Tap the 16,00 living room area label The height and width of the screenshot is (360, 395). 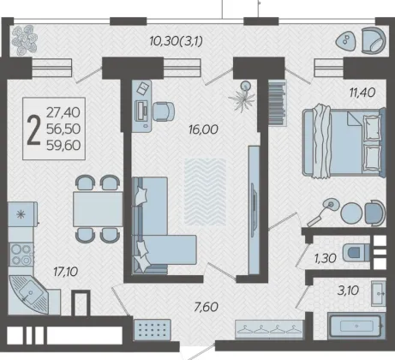pos(203,129)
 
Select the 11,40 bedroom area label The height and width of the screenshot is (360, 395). pos(362,93)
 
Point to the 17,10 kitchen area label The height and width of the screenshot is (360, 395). pos(66,272)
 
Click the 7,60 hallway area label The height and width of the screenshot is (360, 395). pos(206,307)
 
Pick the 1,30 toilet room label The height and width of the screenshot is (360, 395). pos(326,259)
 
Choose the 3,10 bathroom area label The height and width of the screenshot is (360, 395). pos(348,291)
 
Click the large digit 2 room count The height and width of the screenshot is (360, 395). pos(33,130)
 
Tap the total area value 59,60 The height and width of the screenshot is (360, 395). pos(63,146)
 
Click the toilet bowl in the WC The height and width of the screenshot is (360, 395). pos(356,253)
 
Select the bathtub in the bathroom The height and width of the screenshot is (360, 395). pos(356,326)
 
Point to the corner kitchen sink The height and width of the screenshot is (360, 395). pos(29,294)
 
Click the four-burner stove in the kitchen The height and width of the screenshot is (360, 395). pos(21,255)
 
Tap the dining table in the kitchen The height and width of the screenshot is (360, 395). pos(98,209)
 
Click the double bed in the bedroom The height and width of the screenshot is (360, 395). pos(344,142)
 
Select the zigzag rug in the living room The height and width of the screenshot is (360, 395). pos(205,192)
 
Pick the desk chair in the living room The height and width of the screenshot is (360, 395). pos(164,111)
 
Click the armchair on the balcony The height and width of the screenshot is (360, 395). pos(374,40)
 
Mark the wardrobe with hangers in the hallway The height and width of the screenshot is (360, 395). pos(269,329)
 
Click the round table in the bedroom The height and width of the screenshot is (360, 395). pos(351,213)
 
